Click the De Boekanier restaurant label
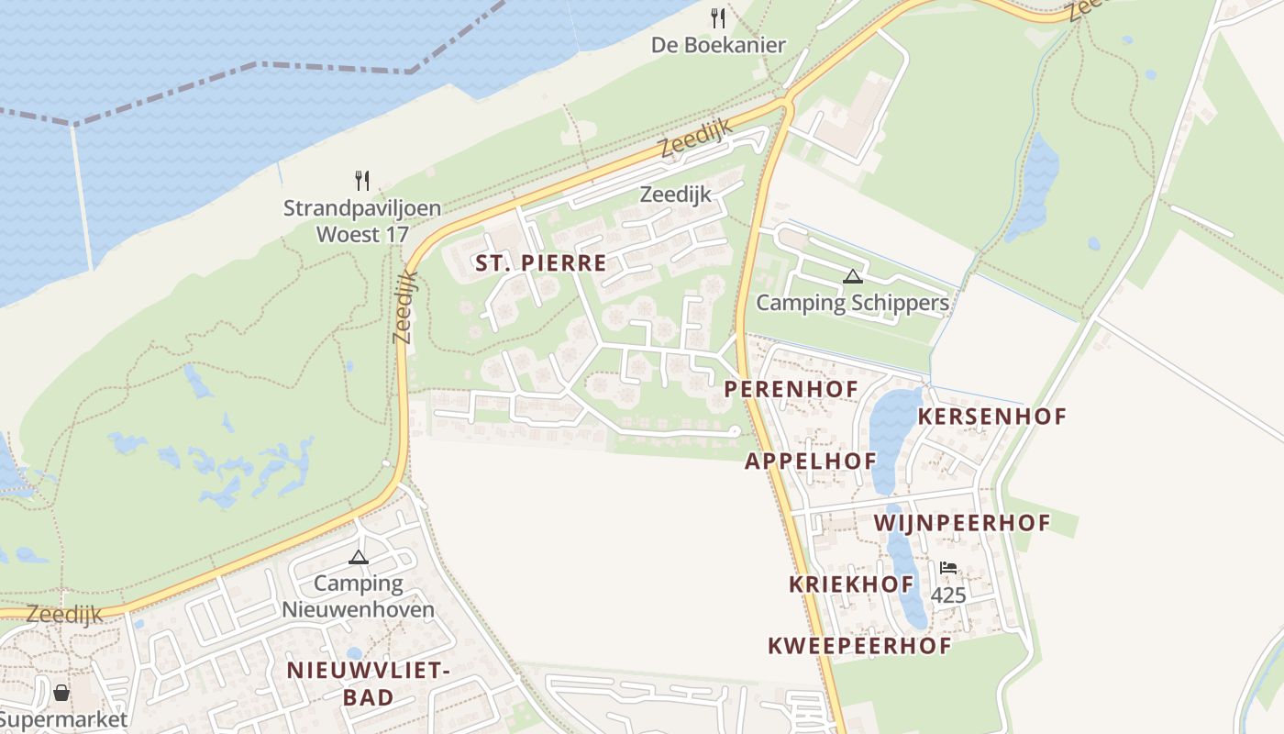(x=718, y=45)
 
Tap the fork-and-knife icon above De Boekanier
(x=718, y=17)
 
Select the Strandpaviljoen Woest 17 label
(x=361, y=221)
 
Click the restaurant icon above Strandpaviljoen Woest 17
(x=362, y=180)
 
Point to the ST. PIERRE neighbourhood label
(x=540, y=264)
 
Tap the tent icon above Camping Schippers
(x=852, y=276)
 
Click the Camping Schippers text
(x=852, y=303)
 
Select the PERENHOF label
(x=791, y=389)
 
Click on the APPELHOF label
(x=810, y=461)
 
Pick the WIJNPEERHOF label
(x=962, y=523)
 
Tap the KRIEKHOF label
(x=851, y=584)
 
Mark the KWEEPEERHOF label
(x=859, y=646)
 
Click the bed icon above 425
(x=948, y=569)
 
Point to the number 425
(x=948, y=596)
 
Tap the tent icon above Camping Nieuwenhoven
(x=358, y=557)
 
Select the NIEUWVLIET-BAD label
(x=368, y=684)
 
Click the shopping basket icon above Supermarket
(x=61, y=692)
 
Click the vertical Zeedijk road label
(x=404, y=307)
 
